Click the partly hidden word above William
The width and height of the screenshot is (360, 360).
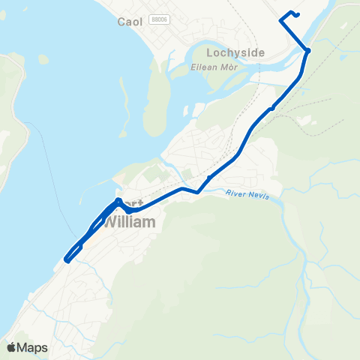pyautogui.click(x=133, y=204)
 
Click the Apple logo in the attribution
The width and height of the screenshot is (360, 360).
pyautogui.click(x=12, y=347)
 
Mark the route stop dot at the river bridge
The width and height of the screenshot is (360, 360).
pyautogui.click(x=307, y=50)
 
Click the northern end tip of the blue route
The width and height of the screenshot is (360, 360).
pyautogui.click(x=298, y=14)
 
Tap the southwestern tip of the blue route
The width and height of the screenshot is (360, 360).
pyautogui.click(x=67, y=260)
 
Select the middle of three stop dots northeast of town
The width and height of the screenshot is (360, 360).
pyautogui.click(x=272, y=108)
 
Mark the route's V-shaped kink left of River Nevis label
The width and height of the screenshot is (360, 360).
pyautogui.click(x=197, y=192)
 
